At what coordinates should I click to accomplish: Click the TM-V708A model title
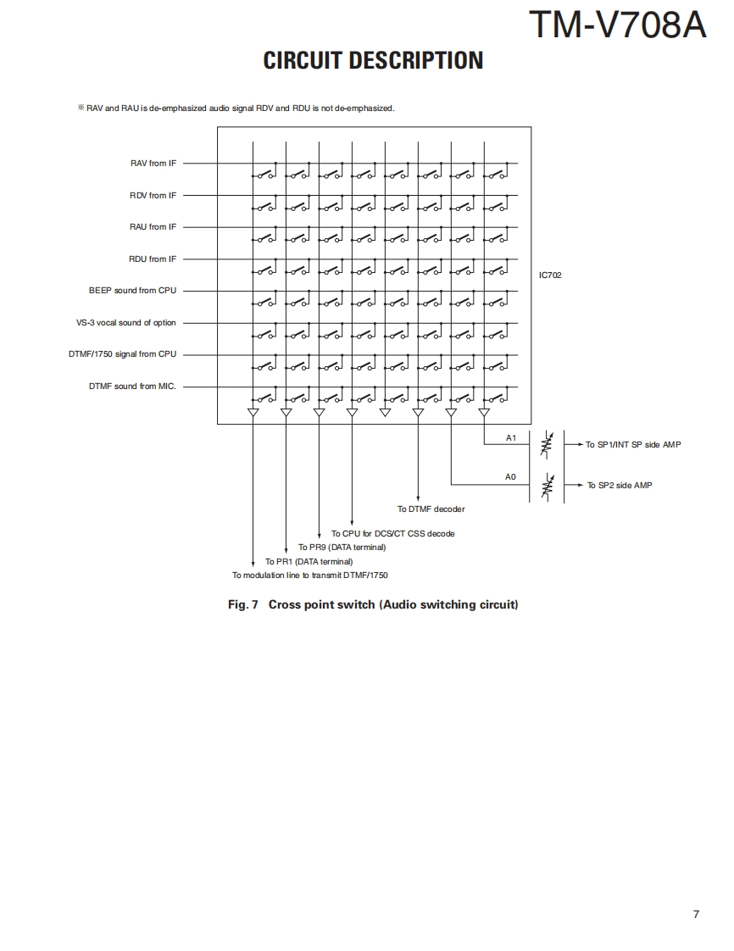pyautogui.click(x=617, y=25)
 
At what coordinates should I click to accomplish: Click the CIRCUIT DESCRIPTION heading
pyautogui.click(x=373, y=61)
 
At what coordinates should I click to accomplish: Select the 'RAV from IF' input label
pyautogui.click(x=153, y=164)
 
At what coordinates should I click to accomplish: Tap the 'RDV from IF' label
pyautogui.click(x=153, y=196)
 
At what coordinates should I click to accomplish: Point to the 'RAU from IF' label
pyautogui.click(x=153, y=227)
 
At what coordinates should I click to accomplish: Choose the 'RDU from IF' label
pyautogui.click(x=153, y=259)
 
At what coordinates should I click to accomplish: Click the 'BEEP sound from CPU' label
pyautogui.click(x=132, y=291)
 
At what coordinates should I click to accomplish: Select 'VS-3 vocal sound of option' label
pyautogui.click(x=126, y=323)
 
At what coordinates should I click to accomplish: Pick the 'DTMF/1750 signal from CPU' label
pyautogui.click(x=123, y=354)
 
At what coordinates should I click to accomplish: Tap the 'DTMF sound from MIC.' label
pyautogui.click(x=133, y=387)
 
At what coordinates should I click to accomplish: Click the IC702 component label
pyautogui.click(x=550, y=275)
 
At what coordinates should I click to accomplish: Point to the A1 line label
pyautogui.click(x=510, y=438)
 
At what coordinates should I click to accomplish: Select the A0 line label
pyautogui.click(x=510, y=477)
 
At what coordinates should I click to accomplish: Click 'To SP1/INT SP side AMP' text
pyautogui.click(x=633, y=444)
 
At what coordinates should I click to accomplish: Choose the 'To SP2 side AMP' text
pyautogui.click(x=620, y=485)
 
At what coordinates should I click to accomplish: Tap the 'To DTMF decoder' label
pyautogui.click(x=431, y=509)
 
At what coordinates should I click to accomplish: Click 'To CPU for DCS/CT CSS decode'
pyautogui.click(x=392, y=534)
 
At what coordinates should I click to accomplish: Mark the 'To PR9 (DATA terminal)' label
pyautogui.click(x=342, y=548)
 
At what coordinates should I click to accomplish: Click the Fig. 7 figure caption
pyautogui.click(x=373, y=604)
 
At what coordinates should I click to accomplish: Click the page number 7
pyautogui.click(x=696, y=914)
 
